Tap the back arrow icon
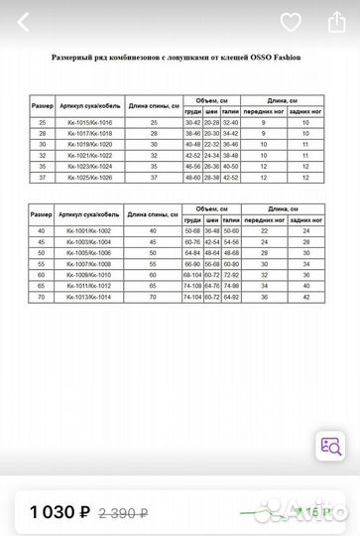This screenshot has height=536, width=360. (x=23, y=22)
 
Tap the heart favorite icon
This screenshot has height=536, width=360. (x=290, y=22)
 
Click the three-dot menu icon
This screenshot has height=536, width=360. (x=332, y=22)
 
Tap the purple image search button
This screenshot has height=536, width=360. (x=329, y=448)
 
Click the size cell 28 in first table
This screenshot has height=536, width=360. (x=42, y=132)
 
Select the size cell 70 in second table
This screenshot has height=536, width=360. (x=42, y=296)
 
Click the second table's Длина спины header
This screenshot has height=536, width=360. (x=152, y=214)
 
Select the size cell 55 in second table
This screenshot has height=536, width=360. (x=42, y=263)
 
